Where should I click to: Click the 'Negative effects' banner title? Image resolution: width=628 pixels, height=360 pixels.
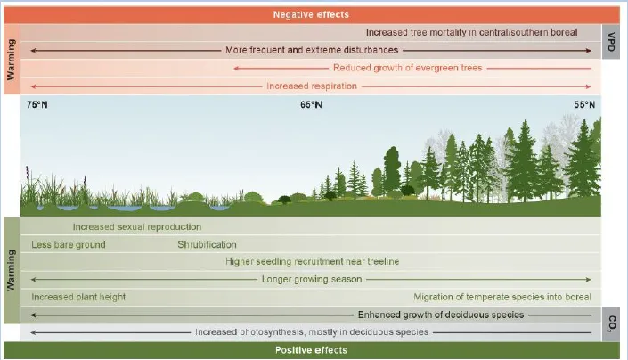tap(311, 15)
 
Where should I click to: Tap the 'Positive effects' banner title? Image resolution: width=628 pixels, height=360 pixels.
tap(311, 350)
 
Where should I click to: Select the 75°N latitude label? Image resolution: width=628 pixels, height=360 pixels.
tap(37, 105)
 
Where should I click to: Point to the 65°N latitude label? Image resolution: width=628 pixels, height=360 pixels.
tap(311, 105)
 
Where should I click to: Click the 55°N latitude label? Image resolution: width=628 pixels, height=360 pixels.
tap(584, 105)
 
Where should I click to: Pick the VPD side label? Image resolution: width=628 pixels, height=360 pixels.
tap(611, 42)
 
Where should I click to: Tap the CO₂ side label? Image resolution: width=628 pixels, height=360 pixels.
tap(612, 324)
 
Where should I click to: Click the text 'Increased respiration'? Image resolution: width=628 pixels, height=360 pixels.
tap(312, 86)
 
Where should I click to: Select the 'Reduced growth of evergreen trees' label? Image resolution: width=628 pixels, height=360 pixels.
tap(408, 68)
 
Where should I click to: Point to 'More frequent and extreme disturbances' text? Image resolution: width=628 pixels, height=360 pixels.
tap(312, 50)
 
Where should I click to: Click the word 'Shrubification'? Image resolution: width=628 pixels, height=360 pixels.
tap(207, 245)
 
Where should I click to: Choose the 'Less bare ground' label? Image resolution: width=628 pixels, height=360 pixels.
tap(69, 245)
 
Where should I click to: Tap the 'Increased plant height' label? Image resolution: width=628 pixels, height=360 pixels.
tap(78, 297)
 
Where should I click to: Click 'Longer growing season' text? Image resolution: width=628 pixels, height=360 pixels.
tap(312, 279)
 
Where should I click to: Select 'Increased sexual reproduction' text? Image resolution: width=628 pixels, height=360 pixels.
tap(137, 227)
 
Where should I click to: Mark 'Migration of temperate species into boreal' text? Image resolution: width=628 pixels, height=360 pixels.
tap(502, 297)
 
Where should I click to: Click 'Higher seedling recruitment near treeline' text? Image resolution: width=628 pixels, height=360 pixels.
tap(313, 261)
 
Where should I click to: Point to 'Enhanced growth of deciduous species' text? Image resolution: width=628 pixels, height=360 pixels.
tap(441, 315)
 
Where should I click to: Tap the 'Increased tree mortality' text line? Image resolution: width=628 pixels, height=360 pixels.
tap(472, 32)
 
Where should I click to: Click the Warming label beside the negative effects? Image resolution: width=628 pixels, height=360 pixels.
tap(12, 60)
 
